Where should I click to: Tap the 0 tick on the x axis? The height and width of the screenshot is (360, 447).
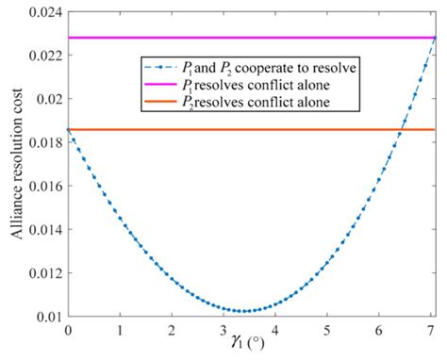(68, 331)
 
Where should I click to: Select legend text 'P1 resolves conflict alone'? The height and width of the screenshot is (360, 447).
(247, 86)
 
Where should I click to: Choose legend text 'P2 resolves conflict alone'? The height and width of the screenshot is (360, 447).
(247, 102)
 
